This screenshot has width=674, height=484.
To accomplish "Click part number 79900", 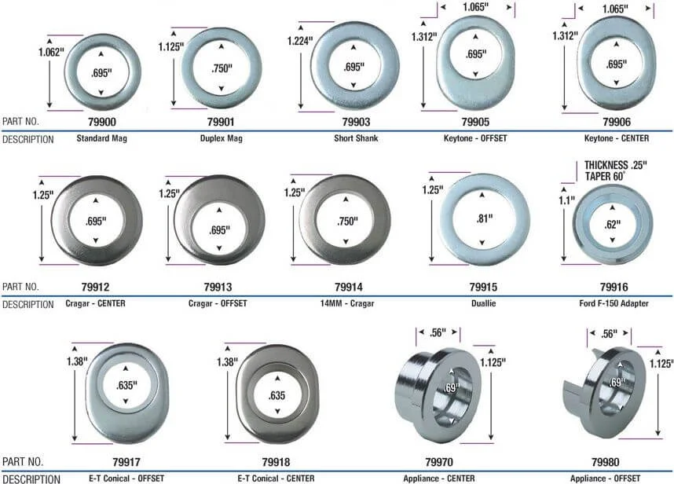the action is [102, 122].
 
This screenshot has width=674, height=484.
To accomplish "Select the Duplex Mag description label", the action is [222, 138].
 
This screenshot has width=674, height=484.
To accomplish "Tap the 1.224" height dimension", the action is [300, 42].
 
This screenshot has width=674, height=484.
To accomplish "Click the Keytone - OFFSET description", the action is [475, 138].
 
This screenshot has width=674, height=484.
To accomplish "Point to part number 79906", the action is [617, 122].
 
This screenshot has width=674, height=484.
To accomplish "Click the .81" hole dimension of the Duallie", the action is [485, 218].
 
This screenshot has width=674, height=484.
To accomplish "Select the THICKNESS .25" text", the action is [616, 165].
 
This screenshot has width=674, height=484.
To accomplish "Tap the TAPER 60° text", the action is [604, 176].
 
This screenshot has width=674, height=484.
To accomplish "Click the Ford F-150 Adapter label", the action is [614, 303].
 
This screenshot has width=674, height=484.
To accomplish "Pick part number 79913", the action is [218, 287].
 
